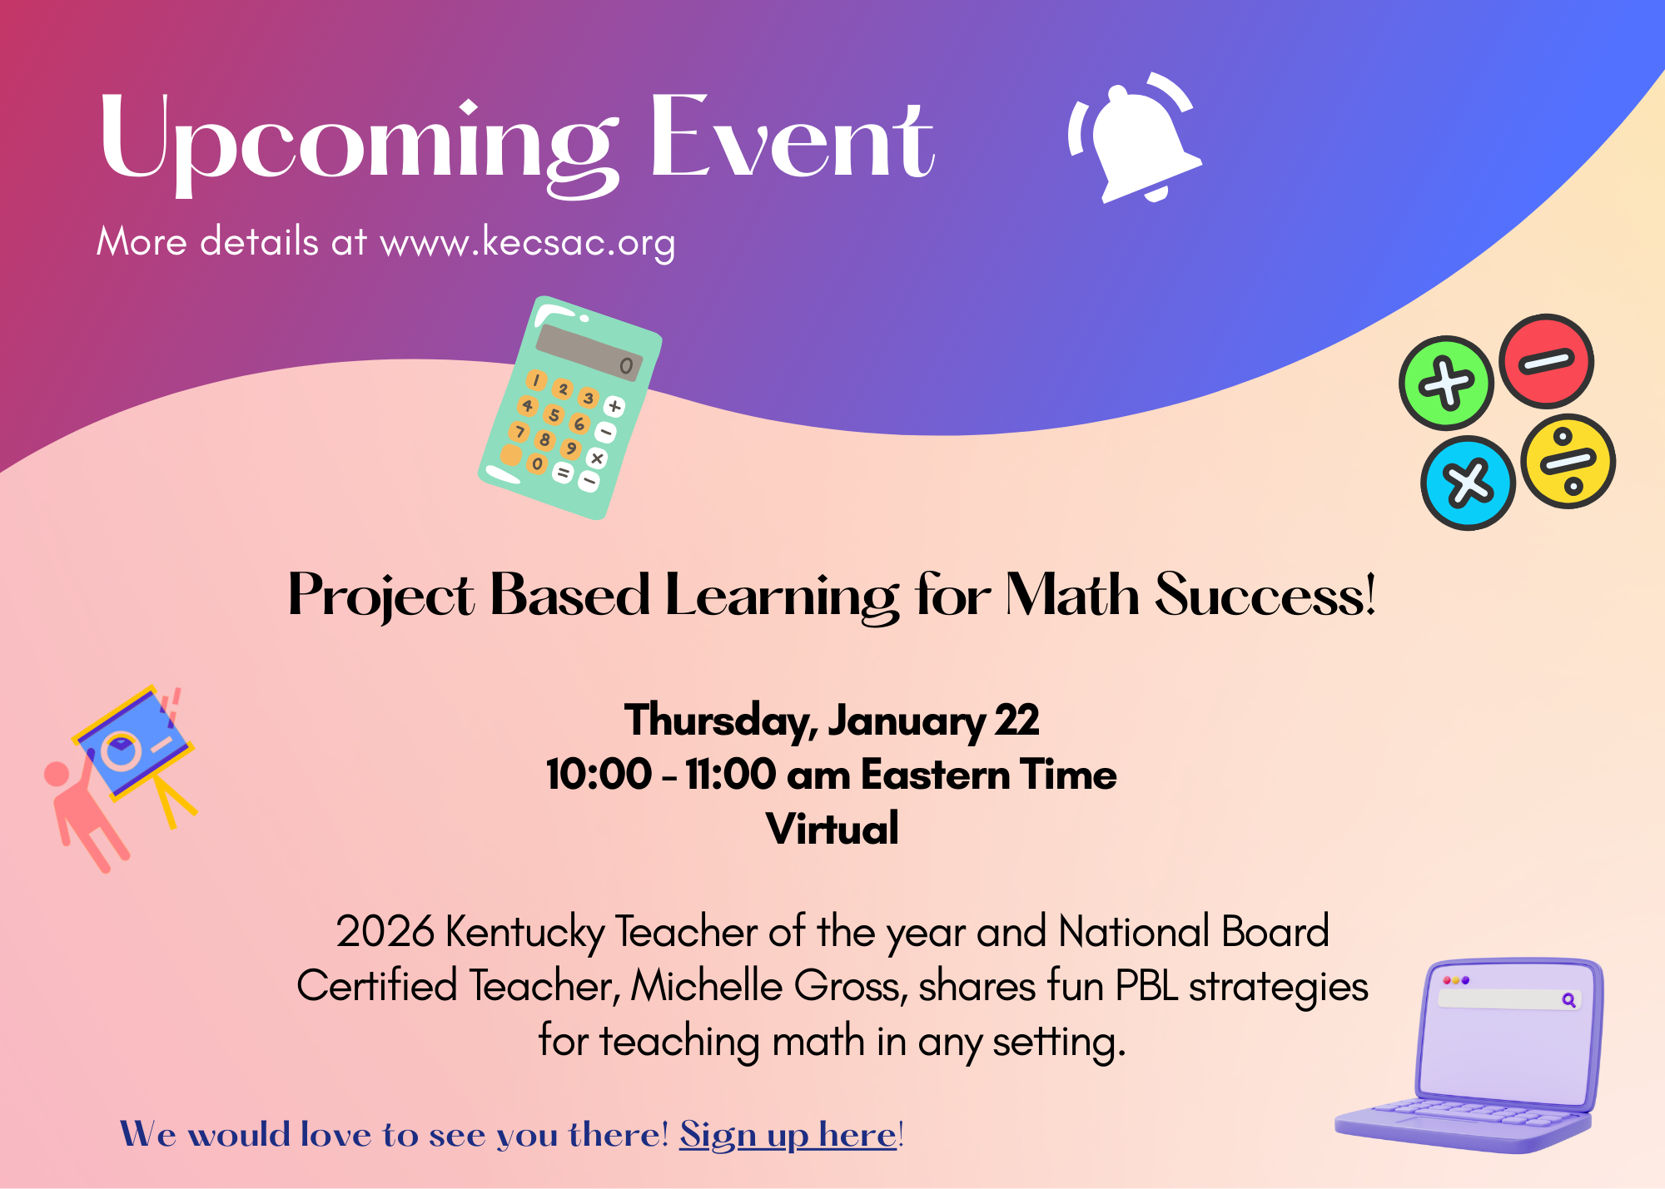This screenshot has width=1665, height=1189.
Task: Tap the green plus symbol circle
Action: pyautogui.click(x=1446, y=383)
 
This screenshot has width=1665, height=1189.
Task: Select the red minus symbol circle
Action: pyautogui.click(x=1546, y=361)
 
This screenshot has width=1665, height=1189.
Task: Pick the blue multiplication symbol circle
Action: pyautogui.click(x=1468, y=483)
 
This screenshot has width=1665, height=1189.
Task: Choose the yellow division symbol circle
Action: pyautogui.click(x=1568, y=461)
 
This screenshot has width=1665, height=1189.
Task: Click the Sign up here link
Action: pyautogui.click(x=788, y=1135)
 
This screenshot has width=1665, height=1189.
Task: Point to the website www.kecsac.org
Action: pyautogui.click(x=528, y=242)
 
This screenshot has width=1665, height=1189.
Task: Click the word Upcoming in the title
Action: pyautogui.click(x=358, y=140)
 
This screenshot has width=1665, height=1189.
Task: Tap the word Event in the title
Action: pyautogui.click(x=791, y=140)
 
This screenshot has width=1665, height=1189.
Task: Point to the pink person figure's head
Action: pyautogui.click(x=57, y=774)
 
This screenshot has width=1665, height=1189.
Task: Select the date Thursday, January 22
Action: pyautogui.click(x=832, y=721)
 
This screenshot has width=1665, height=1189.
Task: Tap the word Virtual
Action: pyautogui.click(x=832, y=829)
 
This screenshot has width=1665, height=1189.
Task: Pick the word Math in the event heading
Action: pyautogui.click(x=1072, y=596)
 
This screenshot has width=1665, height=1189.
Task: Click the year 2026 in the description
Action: pyautogui.click(x=385, y=931)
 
